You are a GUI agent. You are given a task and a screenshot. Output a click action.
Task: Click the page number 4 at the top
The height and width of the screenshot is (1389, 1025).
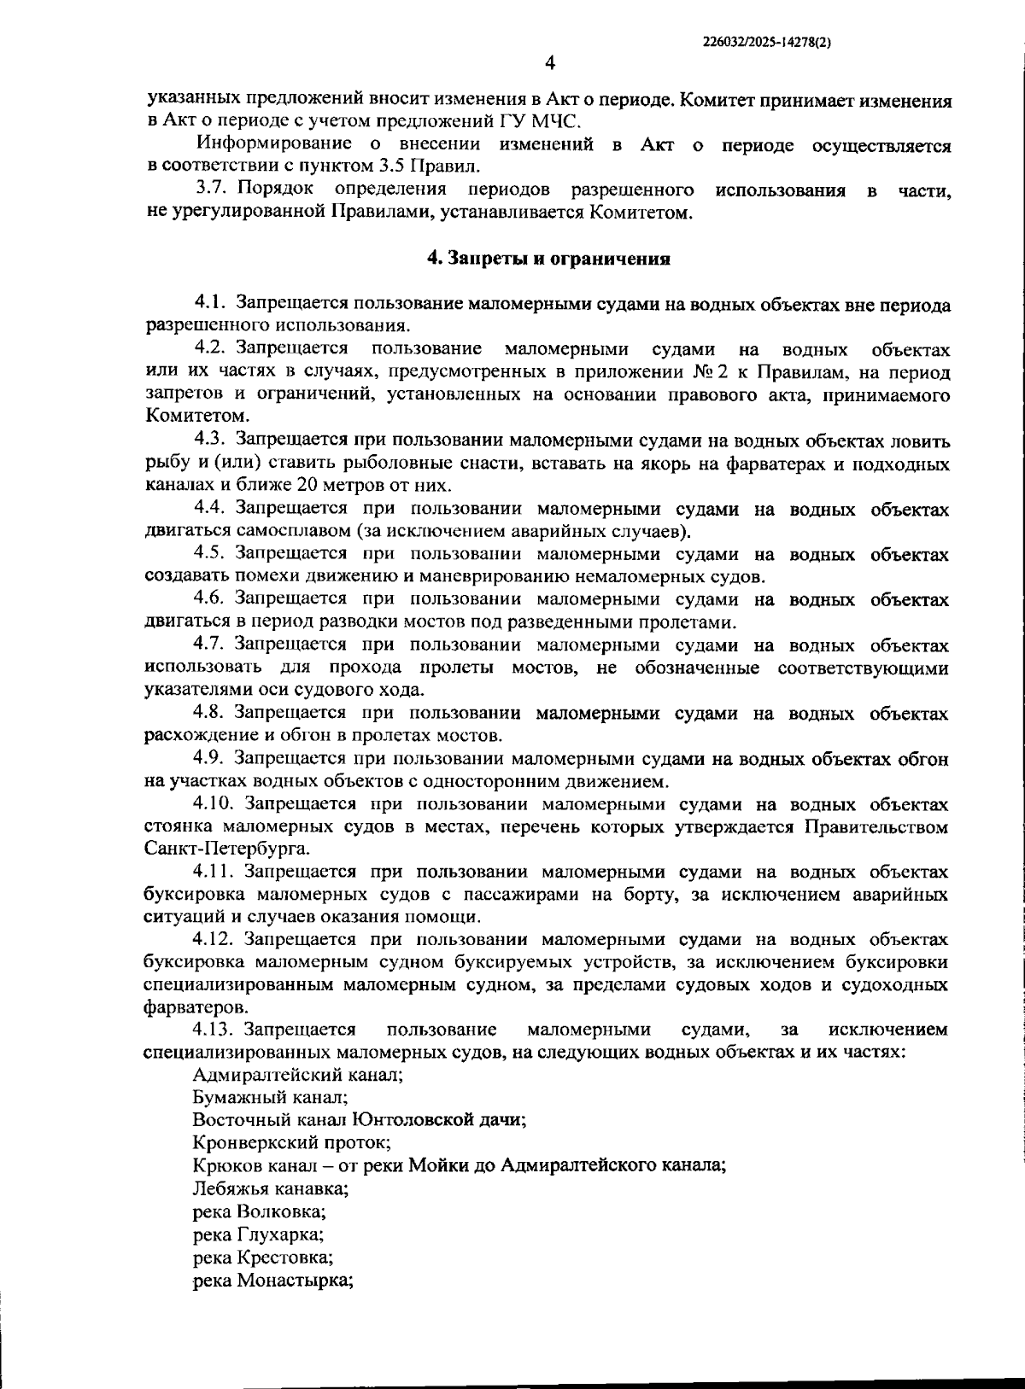click(548, 63)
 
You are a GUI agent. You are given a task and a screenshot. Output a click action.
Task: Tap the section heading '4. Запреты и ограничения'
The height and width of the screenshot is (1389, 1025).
click(548, 259)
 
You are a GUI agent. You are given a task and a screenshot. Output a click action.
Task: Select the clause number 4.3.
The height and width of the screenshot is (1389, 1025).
click(209, 441)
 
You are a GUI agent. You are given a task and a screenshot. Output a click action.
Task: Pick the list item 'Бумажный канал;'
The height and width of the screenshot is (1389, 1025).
click(270, 1098)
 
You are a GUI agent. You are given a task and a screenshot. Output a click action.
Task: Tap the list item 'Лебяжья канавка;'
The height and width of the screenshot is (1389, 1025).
click(270, 1188)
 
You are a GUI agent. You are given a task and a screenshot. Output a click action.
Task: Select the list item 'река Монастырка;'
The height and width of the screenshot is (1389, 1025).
click(273, 1280)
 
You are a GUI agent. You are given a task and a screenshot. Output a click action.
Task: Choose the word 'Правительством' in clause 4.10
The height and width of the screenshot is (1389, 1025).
click(876, 827)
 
